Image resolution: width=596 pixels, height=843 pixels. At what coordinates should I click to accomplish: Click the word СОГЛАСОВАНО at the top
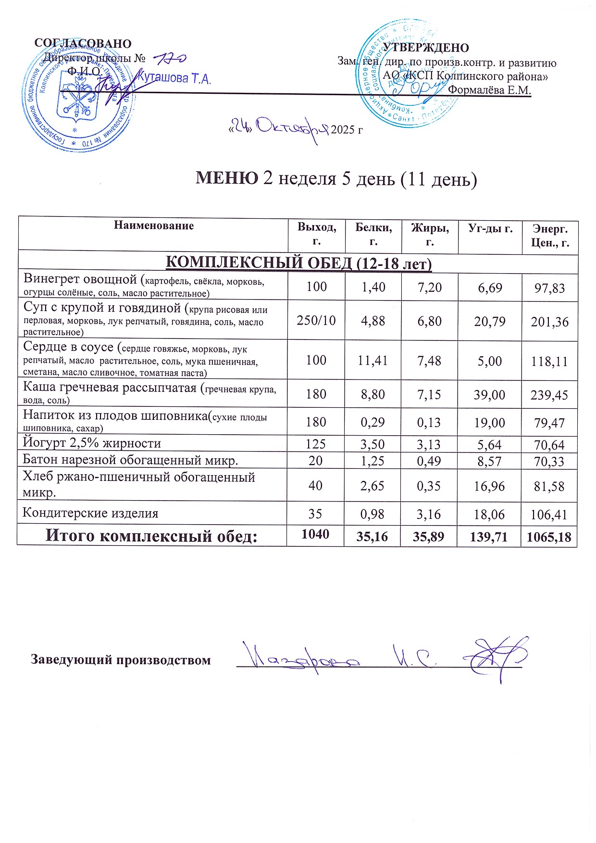coord(83,43)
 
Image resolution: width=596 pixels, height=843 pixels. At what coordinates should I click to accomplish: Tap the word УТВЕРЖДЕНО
coord(425,48)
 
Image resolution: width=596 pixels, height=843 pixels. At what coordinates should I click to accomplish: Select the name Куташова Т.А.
coord(174,78)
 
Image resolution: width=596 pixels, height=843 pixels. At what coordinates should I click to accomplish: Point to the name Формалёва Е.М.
coord(489,90)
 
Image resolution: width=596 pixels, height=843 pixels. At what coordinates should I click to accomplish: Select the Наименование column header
coord(154,226)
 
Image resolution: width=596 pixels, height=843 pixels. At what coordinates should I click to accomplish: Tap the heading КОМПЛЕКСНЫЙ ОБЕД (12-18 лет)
coord(298,264)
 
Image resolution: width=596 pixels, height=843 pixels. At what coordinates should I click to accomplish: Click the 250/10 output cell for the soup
coord(316,321)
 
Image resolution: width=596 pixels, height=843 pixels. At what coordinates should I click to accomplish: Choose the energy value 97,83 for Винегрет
coord(549,288)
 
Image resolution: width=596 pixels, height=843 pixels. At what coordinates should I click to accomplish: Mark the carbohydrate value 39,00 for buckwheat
coord(489,395)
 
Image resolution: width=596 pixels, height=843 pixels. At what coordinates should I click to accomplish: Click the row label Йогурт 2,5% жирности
coord(92,443)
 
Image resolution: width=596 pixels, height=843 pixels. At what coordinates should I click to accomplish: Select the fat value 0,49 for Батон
coord(429,461)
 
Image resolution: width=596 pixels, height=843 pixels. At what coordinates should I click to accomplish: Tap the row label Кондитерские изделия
coord(90,513)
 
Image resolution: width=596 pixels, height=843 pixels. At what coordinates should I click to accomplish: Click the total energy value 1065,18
coord(549,537)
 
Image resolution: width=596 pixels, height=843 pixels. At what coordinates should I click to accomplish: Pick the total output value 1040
coord(315,534)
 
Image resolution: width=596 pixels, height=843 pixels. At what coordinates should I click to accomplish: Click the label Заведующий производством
coord(121,659)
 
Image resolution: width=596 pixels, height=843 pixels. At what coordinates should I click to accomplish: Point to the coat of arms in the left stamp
coord(75,101)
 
